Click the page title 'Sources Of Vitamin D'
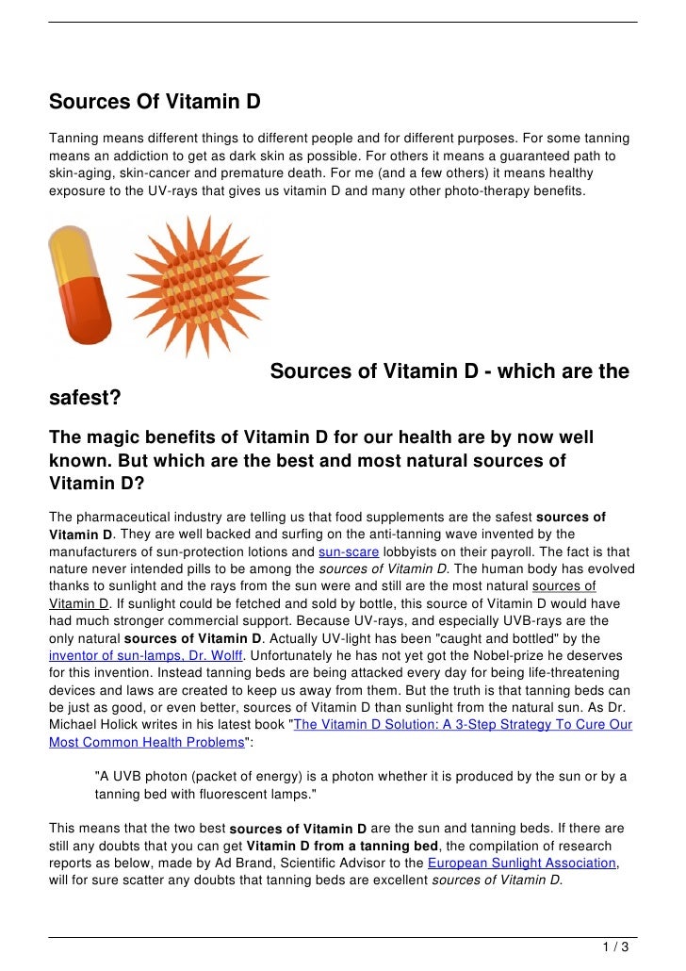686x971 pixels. (x=155, y=102)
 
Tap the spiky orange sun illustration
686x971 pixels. (x=197, y=282)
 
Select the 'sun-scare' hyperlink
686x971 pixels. (x=350, y=552)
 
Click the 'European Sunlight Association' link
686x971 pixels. (x=521, y=863)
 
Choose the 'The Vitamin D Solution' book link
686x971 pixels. (x=463, y=724)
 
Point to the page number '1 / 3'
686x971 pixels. (x=617, y=946)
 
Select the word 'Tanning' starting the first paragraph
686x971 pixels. (x=75, y=139)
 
